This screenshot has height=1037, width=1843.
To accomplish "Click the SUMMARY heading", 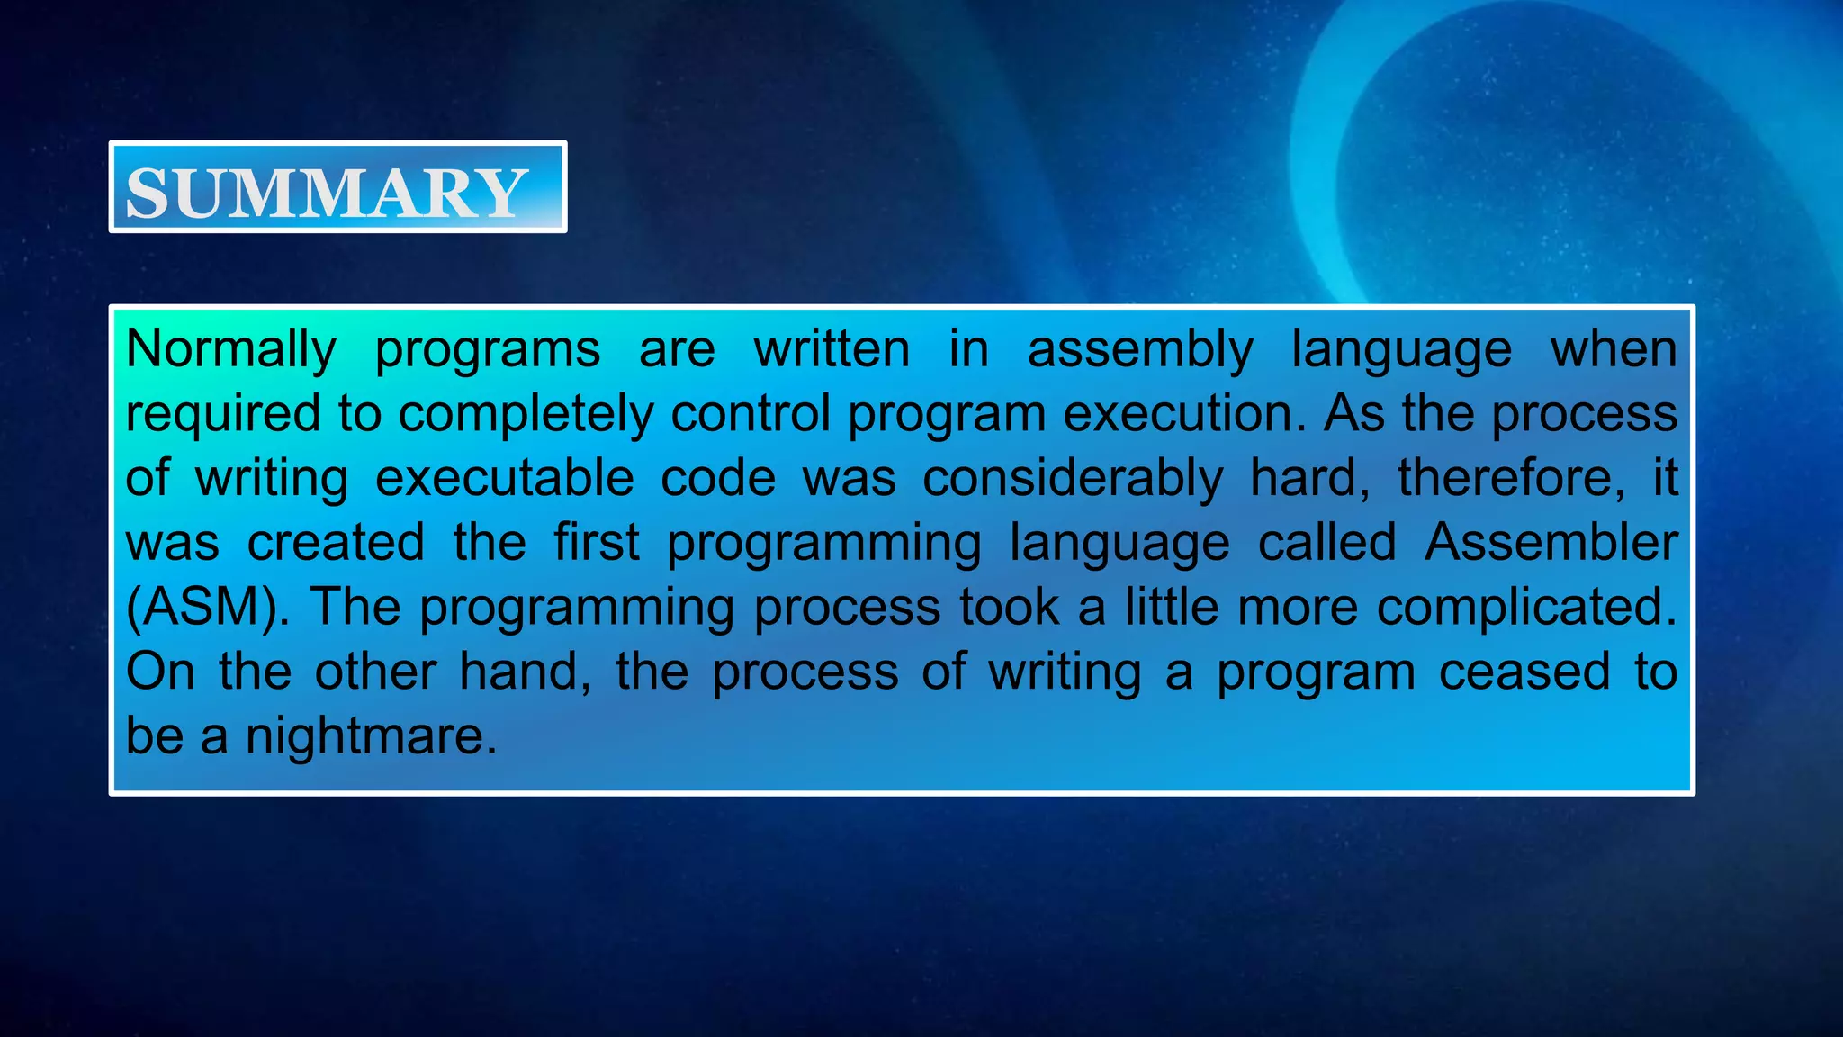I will coord(326,193).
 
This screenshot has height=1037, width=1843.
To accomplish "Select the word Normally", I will coord(231,348).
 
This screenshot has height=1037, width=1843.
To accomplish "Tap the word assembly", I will coord(1140,350).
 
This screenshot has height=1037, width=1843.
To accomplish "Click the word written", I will coord(832,348).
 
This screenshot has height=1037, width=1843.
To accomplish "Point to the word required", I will coord(223,415).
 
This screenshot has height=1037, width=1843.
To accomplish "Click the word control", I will coord(751,413).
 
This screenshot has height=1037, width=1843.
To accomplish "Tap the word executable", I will coord(505,477).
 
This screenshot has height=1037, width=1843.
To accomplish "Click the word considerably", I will coord(1073,479).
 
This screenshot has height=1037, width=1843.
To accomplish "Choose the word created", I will coord(336,543).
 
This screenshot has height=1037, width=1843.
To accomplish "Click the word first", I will coord(597,543).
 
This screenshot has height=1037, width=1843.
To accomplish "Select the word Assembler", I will coord(1551,543).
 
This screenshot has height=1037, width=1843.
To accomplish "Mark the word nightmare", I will coord(370,737).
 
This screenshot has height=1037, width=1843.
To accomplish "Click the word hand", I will coord(525,672).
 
